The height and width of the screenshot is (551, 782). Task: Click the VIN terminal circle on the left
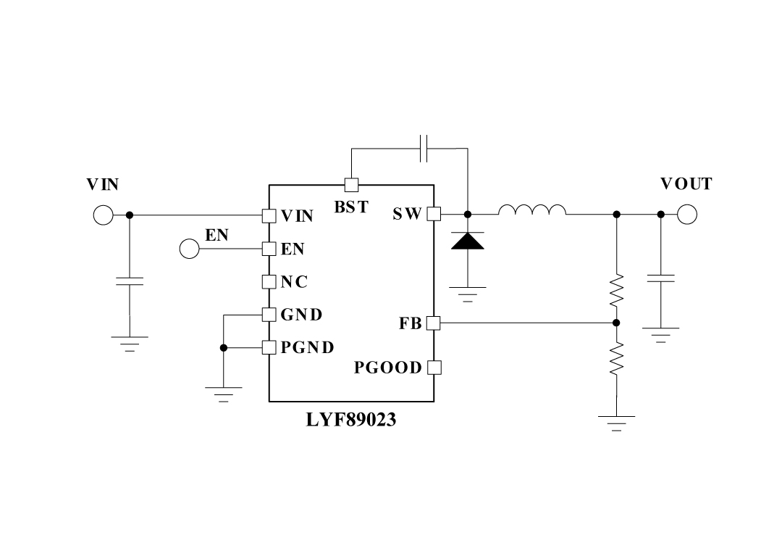[103, 215]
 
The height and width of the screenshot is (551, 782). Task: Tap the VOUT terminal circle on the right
[687, 215]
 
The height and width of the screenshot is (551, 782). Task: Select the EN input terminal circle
[189, 249]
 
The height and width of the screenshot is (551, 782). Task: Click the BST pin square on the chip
[351, 185]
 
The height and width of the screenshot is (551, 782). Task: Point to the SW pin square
[434, 214]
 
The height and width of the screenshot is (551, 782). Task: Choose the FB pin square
[434, 323]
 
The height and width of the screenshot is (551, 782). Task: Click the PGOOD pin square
[434, 367]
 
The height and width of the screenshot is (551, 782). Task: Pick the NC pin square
[269, 281]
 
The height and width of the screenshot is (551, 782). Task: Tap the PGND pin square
[269, 348]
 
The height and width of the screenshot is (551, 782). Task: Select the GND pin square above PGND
[269, 315]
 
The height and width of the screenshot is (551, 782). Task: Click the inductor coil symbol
[532, 210]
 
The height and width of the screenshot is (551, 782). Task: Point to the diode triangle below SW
[467, 241]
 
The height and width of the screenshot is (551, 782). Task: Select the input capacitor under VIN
[130, 281]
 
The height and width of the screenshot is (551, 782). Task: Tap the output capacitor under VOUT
[660, 278]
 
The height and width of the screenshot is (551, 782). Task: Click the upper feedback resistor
[616, 290]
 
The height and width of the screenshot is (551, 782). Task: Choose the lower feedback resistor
[616, 359]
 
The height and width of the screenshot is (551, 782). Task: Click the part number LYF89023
[351, 420]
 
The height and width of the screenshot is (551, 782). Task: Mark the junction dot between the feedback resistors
[616, 323]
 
